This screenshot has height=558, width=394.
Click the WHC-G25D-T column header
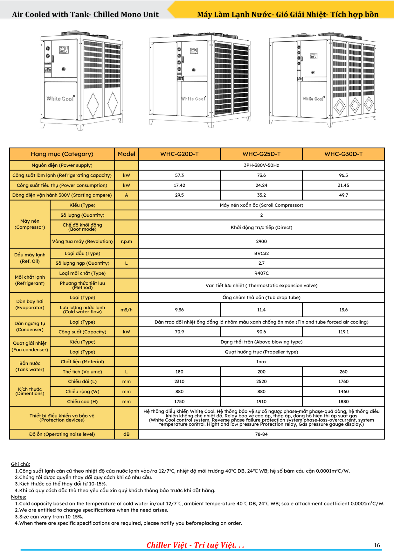pos(261,154)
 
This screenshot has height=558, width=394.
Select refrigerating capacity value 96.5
pos(343,175)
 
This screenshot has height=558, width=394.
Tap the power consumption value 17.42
pos(179,185)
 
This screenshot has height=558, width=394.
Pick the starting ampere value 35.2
pos(261,195)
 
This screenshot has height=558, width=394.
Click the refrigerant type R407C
pos(261,273)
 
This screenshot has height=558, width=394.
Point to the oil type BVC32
pos(261,253)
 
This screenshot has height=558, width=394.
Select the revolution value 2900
pos(261,242)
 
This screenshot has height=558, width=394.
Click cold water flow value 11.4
pos(261,310)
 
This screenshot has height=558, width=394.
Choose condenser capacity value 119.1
pos(343,332)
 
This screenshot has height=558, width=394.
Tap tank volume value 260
pos(343,372)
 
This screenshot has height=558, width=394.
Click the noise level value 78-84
pos(261,434)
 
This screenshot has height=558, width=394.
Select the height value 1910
pos(261,402)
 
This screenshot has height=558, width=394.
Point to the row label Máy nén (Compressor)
pos(30,224)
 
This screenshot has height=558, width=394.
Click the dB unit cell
pos(126,434)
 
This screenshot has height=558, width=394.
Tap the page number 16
pos(377,545)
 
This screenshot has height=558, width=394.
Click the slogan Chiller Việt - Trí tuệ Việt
pos(195,545)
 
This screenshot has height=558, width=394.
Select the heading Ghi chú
pos(20,464)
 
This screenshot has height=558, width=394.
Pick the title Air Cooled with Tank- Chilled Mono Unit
pos(85,15)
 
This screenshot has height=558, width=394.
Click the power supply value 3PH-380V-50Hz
pos(261,165)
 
